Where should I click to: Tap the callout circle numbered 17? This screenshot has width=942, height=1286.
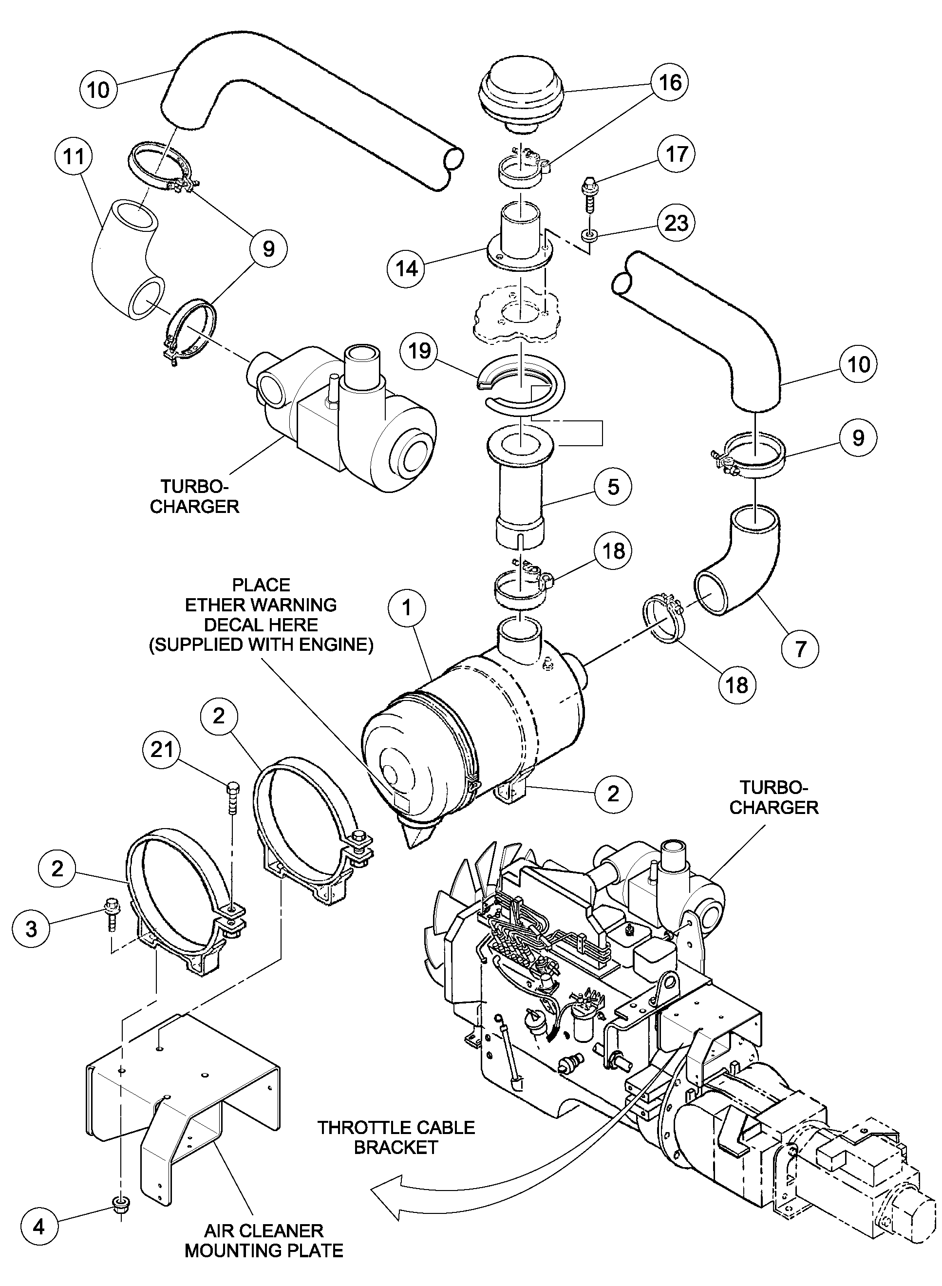(x=676, y=154)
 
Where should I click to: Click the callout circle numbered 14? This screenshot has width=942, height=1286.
(x=407, y=268)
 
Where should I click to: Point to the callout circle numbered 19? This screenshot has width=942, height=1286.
(x=420, y=350)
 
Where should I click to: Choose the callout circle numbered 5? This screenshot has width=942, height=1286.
(x=613, y=487)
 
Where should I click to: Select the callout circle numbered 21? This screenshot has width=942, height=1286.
(x=162, y=749)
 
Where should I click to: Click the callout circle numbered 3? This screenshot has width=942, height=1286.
(x=31, y=928)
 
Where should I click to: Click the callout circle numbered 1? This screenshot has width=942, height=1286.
(x=407, y=608)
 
